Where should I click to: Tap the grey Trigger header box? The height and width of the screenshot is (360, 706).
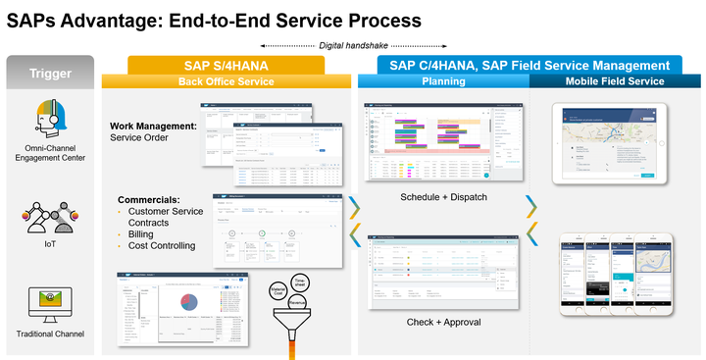49,73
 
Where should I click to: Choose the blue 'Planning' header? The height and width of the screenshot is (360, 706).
443,80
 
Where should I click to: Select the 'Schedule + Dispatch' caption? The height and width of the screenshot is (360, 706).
443,197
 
